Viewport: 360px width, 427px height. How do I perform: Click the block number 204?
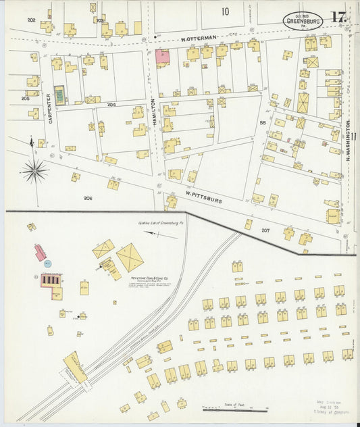111,104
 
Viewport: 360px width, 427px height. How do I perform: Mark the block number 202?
31,20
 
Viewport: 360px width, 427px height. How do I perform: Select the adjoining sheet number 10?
224,11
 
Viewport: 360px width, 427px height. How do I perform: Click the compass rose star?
35,170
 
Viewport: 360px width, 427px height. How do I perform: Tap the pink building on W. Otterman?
162,57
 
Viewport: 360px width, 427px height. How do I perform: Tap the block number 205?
25,99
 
